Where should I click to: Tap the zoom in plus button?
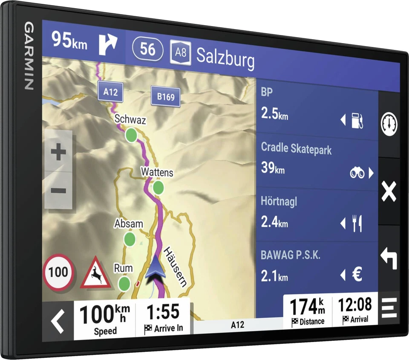pyautogui.click(x=58, y=152)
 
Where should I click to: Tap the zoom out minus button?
pyautogui.click(x=58, y=190)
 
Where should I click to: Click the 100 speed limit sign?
pyautogui.click(x=58, y=272)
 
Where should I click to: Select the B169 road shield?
pyautogui.click(x=165, y=97)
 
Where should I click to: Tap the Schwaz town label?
pyautogui.click(x=130, y=120)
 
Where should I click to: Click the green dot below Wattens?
pyautogui.click(x=158, y=187)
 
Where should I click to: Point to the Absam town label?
pyautogui.click(x=129, y=224)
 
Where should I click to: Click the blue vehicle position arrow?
pyautogui.click(x=155, y=270)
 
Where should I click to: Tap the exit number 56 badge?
pyautogui.click(x=148, y=49)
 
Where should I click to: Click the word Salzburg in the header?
pyautogui.click(x=225, y=58)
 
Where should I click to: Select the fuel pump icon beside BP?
pyautogui.click(x=357, y=121)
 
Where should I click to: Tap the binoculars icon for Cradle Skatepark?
pyautogui.click(x=357, y=173)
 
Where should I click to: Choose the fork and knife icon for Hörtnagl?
pyautogui.click(x=357, y=224)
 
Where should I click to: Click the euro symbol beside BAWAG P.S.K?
pyautogui.click(x=357, y=275)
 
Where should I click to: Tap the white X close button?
pyautogui.click(x=389, y=191)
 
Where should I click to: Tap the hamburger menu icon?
pyautogui.click(x=389, y=308)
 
